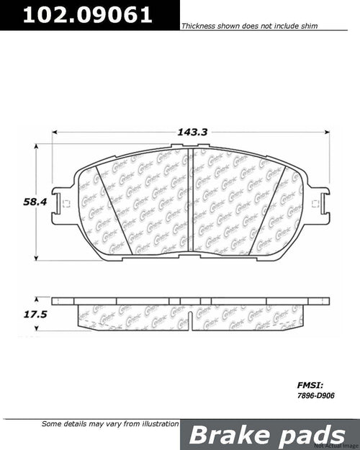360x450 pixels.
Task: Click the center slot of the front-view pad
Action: click(189, 209)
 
